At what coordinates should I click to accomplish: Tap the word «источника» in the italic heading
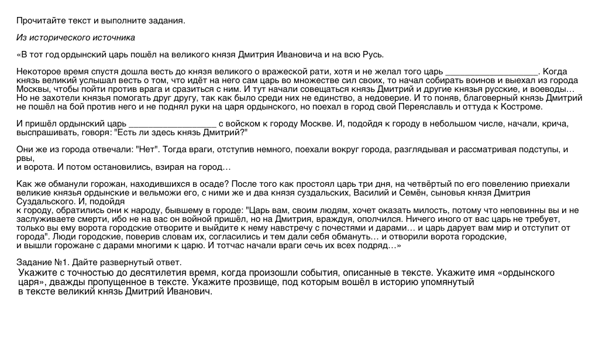click(113, 37)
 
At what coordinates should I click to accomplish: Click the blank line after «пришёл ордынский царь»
click(172, 124)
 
